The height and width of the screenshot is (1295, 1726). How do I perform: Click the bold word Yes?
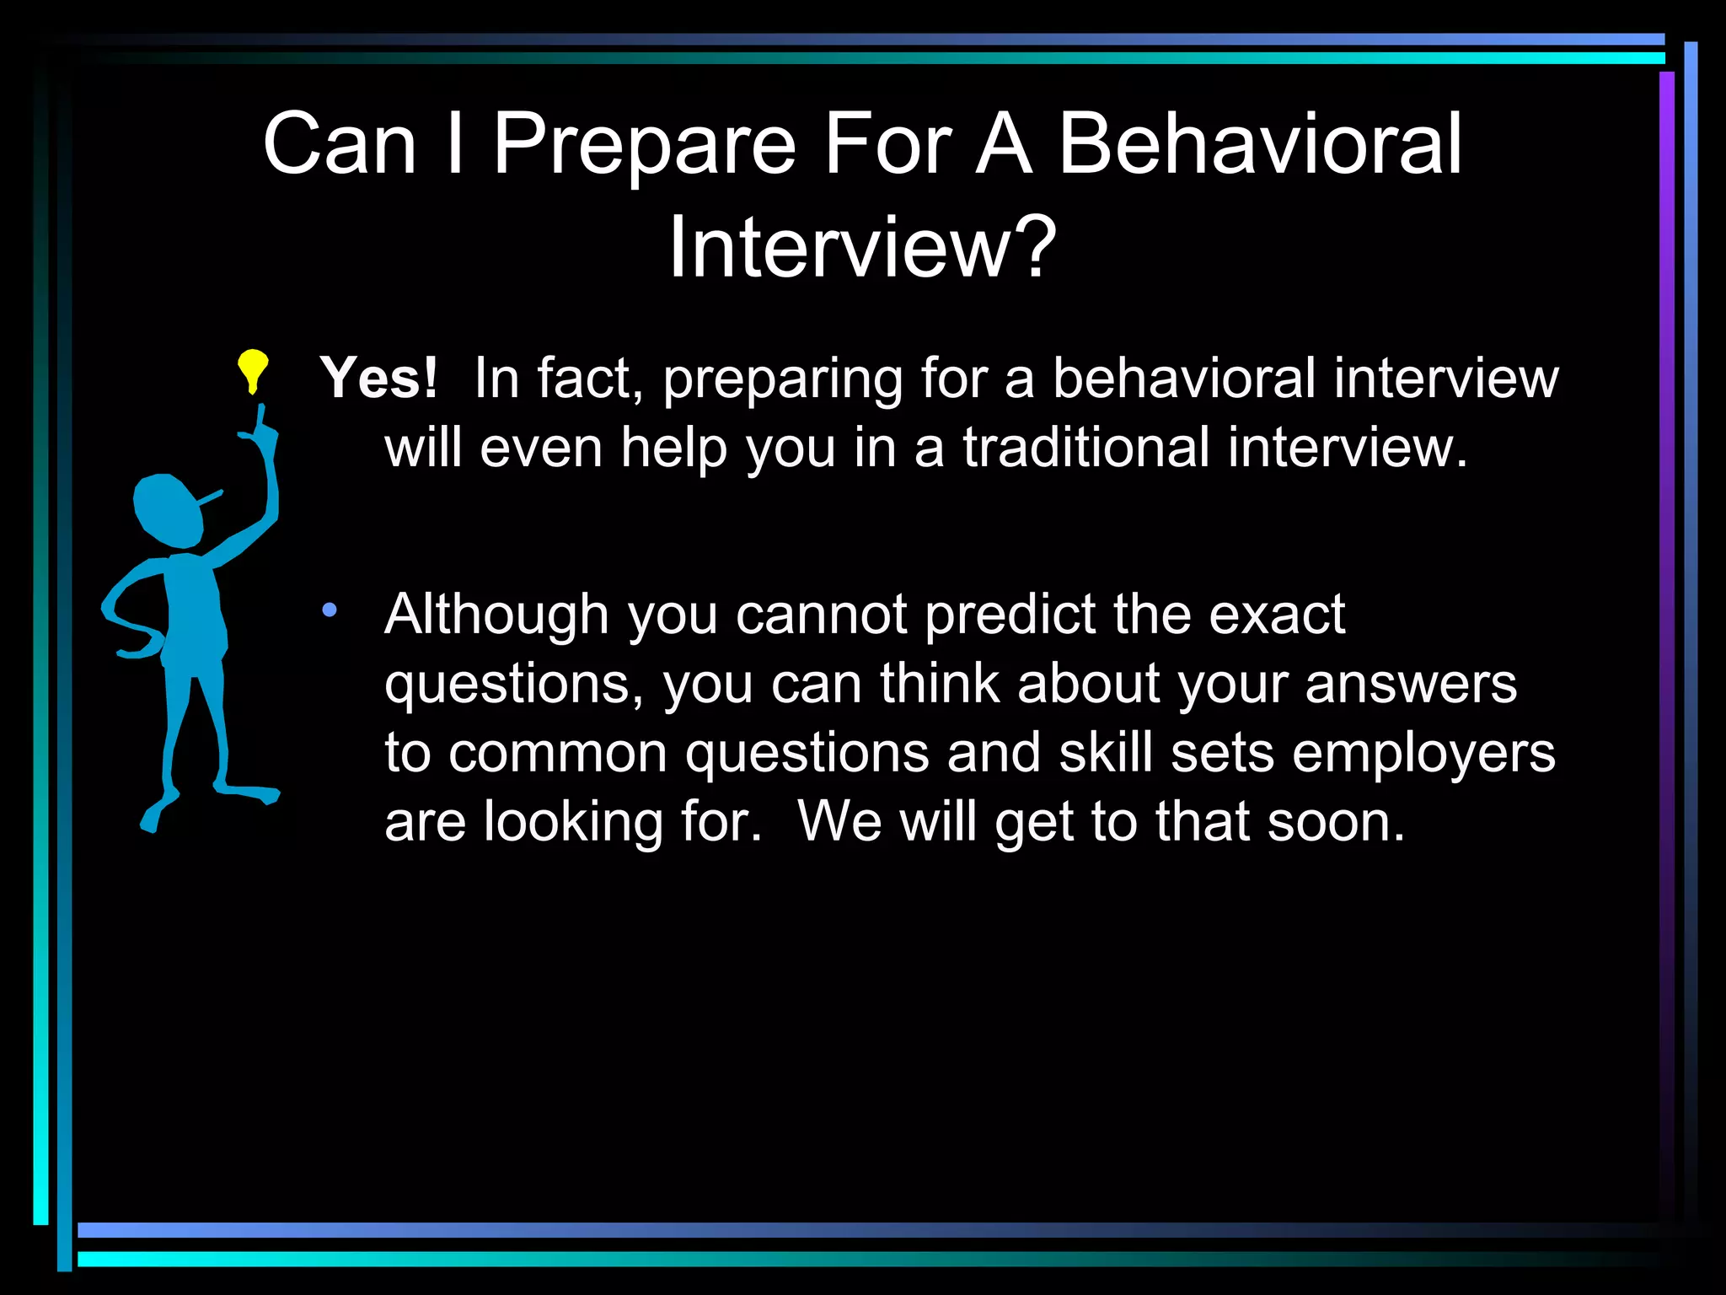click(378, 378)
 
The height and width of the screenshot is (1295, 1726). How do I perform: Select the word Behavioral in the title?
click(1259, 144)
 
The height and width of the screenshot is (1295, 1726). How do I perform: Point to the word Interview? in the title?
click(862, 247)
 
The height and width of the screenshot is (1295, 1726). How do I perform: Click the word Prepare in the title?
click(644, 146)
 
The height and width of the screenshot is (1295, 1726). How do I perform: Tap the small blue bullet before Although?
click(330, 609)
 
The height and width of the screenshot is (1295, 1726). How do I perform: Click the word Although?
click(496, 615)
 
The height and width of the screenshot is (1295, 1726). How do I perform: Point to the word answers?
click(1411, 684)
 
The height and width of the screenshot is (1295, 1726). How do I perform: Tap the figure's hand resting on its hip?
click(140, 650)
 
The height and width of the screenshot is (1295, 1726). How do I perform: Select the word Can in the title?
click(340, 144)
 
